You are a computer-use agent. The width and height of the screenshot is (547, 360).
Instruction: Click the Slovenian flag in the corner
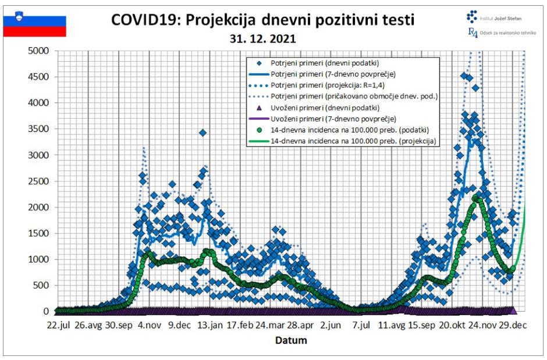[35, 26]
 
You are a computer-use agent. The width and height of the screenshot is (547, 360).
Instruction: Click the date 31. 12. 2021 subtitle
[262, 40]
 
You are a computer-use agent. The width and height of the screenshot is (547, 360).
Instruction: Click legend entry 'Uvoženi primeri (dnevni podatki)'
[331, 108]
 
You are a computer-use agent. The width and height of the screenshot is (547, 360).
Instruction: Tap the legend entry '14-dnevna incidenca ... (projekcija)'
[353, 141]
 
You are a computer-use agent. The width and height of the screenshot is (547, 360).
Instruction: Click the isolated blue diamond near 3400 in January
[203, 133]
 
